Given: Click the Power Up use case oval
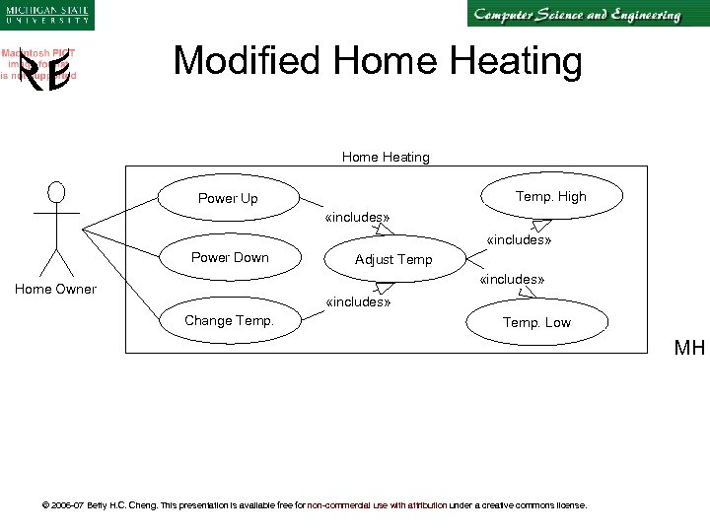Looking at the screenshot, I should tap(228, 198).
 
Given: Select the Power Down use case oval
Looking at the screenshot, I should tap(229, 258).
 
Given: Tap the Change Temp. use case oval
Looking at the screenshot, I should tap(229, 320).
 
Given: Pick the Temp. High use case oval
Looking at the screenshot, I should tap(550, 196).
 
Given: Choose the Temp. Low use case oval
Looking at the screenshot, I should tap(536, 322).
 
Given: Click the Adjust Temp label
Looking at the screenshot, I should tap(393, 260).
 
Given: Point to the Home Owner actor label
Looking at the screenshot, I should tap(55, 289).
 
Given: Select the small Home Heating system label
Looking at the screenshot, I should tap(386, 157).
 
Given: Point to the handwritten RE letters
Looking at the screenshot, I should tap(45, 75).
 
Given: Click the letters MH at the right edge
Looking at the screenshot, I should tap(689, 348).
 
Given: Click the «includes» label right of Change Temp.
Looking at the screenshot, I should tap(358, 301).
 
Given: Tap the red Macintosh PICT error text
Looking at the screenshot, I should tap(39, 64).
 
